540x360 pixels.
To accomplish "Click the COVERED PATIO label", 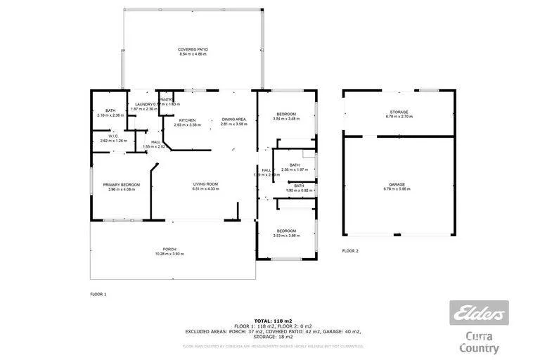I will click(193, 49).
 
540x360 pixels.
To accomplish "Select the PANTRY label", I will click(166, 100).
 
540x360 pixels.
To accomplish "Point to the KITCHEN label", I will click(186, 120).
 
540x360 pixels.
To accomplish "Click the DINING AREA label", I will click(233, 120).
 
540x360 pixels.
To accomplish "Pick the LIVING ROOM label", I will click(206, 184).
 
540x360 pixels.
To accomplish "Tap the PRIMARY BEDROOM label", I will click(121, 184).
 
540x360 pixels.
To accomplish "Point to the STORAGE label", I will click(399, 112).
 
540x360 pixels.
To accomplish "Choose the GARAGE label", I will click(399, 184).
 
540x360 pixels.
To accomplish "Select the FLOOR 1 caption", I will click(98, 294).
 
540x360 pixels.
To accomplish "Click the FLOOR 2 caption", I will click(350, 250).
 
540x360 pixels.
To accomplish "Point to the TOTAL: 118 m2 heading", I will click(274, 320).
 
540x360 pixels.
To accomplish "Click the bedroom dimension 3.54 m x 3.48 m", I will click(286, 119).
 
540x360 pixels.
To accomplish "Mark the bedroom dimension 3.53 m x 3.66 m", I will click(286, 236).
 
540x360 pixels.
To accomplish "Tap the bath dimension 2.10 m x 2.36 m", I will click(110, 115).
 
